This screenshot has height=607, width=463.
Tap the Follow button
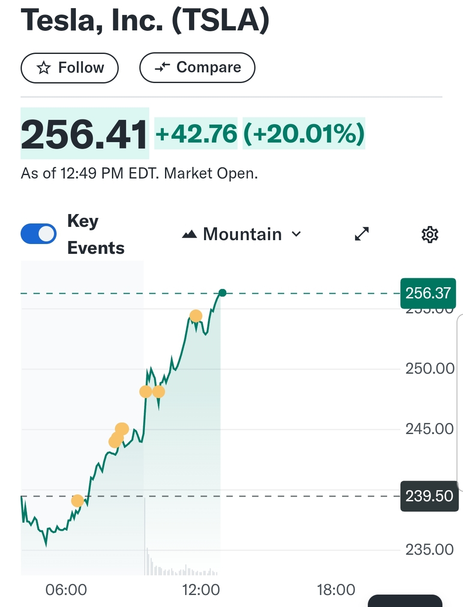click(x=69, y=68)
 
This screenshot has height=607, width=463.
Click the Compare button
click(x=197, y=68)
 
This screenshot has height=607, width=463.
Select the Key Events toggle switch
click(x=39, y=234)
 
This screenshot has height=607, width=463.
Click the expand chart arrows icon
click(x=362, y=234)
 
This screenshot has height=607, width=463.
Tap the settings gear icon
click(x=430, y=235)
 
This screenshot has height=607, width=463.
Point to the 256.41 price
click(x=84, y=134)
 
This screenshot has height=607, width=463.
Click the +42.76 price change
click(x=196, y=134)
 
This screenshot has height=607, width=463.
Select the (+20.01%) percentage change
click(x=304, y=134)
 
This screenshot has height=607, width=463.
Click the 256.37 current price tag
click(x=428, y=293)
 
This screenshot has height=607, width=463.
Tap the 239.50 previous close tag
click(x=429, y=496)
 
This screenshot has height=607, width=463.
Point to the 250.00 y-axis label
click(x=430, y=369)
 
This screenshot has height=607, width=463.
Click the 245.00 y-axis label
click(x=430, y=429)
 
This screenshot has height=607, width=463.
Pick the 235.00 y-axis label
click(x=430, y=550)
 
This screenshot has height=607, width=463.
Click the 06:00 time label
click(x=66, y=590)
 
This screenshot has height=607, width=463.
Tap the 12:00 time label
click(x=201, y=590)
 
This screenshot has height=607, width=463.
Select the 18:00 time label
click(x=336, y=590)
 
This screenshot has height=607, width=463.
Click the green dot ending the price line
click(x=222, y=293)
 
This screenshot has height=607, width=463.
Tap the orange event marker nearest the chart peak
click(x=196, y=316)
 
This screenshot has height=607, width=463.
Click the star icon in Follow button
click(x=44, y=68)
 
